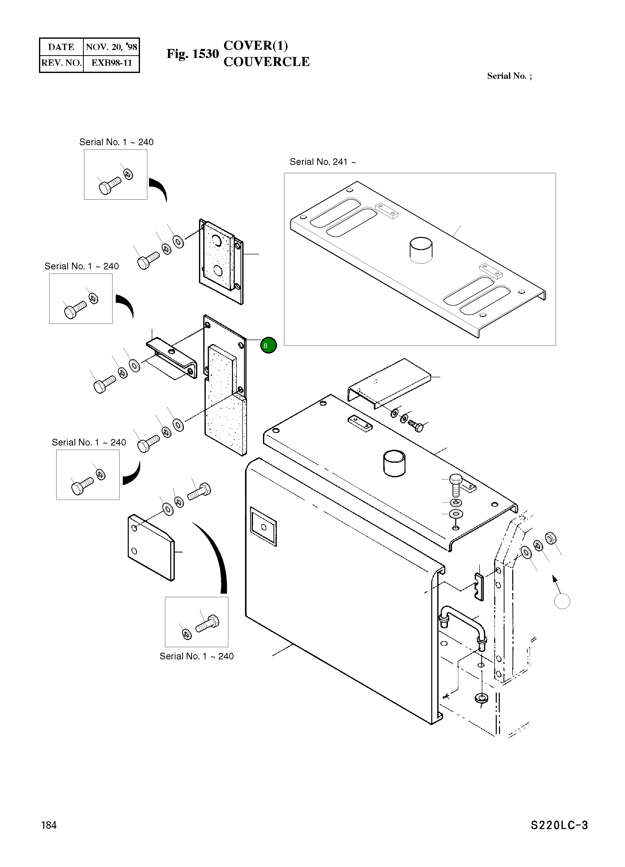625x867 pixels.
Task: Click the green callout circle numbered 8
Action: tap(268, 345)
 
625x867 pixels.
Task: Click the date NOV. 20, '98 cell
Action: tap(111, 47)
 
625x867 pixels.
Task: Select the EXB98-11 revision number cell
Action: tap(111, 63)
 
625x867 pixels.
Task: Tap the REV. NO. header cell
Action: tap(61, 63)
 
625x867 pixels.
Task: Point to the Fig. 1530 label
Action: tap(192, 54)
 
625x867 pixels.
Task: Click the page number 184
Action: tap(49, 825)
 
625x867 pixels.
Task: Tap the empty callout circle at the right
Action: tap(562, 601)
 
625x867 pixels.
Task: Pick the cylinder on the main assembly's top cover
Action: tap(394, 463)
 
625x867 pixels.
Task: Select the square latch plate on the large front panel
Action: tap(263, 526)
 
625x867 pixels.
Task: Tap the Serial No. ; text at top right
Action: tap(509, 76)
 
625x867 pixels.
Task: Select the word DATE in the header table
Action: tap(61, 47)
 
